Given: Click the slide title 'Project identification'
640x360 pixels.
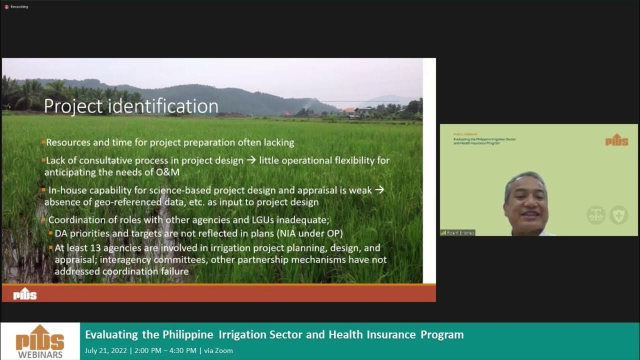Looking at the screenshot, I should (131, 106).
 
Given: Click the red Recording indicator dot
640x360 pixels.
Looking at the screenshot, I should (6, 6).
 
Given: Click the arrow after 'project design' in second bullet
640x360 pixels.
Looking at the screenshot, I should (251, 160).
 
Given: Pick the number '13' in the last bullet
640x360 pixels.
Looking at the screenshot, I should (98, 248).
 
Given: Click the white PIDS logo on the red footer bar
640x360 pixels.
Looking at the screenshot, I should (25, 294).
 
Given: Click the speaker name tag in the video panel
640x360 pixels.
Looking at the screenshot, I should (457, 232).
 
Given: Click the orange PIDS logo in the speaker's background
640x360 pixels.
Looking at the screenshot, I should (616, 140).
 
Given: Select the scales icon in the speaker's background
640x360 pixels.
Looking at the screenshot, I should (596, 215).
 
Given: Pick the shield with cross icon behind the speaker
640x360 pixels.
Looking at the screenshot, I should (618, 215).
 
